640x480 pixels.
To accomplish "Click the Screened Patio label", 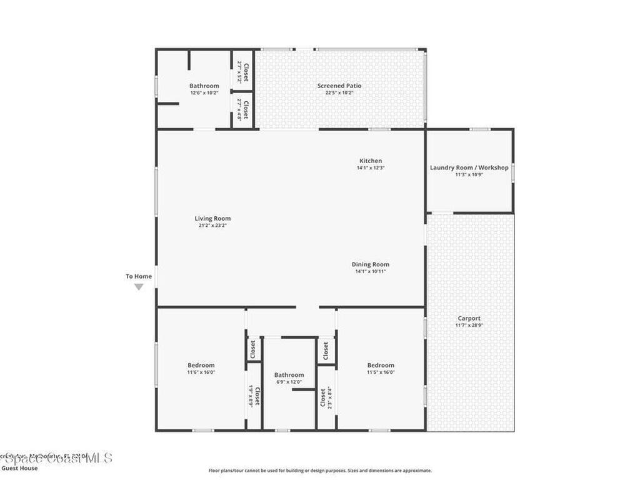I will point(339,86).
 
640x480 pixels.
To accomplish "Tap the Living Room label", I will point(212,219).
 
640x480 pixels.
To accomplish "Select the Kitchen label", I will point(370,161).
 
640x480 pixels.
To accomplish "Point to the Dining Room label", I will point(370,264).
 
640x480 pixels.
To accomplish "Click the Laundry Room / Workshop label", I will point(469,167).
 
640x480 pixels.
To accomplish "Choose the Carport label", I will point(469,318).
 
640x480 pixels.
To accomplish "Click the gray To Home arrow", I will point(139,287).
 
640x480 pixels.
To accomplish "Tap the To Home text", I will point(139,276).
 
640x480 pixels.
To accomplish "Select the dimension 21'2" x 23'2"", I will point(212,226).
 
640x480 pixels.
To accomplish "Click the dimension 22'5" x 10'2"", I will point(339,92).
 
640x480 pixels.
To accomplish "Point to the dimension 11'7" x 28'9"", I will point(469,325).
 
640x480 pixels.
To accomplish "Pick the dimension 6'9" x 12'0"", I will point(289,382).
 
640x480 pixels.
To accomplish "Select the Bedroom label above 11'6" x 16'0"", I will point(201,365).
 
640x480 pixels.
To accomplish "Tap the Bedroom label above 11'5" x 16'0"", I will point(381,365).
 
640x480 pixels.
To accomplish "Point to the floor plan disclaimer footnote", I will point(319,471).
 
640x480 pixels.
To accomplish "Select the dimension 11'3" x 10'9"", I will point(469,174).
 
